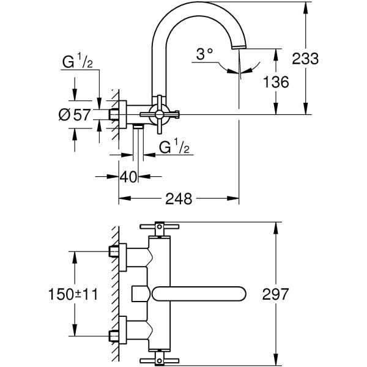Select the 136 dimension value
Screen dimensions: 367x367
point(276,82)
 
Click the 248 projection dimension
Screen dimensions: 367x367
point(179,199)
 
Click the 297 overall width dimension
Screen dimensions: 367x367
point(276,294)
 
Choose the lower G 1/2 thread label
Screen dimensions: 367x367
point(174,147)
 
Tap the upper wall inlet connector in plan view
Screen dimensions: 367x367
point(120,252)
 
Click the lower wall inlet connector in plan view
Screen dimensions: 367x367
point(120,335)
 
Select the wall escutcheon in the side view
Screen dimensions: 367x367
point(123,114)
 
